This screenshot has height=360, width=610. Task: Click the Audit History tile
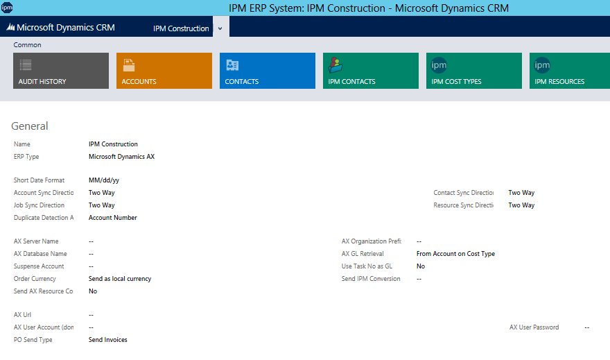point(61,71)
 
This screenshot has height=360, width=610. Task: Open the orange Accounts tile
point(164,71)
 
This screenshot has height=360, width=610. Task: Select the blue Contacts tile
point(268,71)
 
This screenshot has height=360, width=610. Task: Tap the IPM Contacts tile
point(371,71)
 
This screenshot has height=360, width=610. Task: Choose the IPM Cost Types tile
point(474,71)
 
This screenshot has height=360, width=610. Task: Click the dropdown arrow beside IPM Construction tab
point(220,28)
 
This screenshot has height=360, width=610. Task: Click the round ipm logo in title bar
point(7,8)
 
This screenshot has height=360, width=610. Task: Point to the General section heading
point(30,126)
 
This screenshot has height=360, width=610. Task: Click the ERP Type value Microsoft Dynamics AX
point(121,157)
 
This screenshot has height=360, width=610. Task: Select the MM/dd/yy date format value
point(104,180)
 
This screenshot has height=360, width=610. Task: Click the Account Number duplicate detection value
point(113,218)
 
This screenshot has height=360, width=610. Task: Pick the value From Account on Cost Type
point(455,254)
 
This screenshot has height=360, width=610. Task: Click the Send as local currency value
point(120,279)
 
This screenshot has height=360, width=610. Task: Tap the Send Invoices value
point(108,340)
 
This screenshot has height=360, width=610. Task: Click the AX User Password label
point(534,327)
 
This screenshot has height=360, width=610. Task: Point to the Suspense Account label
point(39,266)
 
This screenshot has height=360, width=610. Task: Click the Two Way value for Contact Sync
point(521,193)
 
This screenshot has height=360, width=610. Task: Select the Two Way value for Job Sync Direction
point(102,205)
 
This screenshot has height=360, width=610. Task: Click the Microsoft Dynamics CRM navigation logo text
point(61,28)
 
